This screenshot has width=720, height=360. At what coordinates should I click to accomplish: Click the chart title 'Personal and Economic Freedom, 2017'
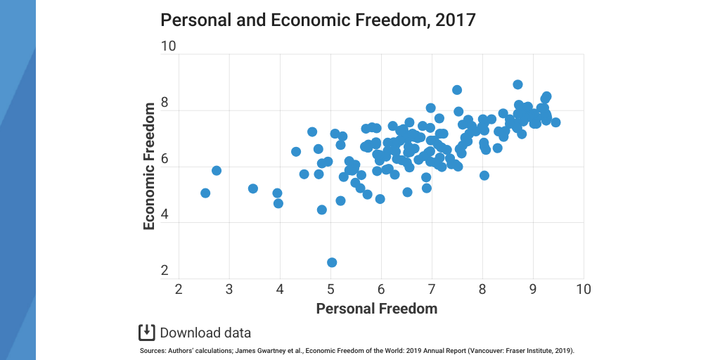(318, 20)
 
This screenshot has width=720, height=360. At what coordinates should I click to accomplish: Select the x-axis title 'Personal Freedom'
(376, 309)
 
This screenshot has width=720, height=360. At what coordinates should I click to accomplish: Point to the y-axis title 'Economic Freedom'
(149, 167)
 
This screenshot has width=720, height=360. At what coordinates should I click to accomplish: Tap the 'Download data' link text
(205, 333)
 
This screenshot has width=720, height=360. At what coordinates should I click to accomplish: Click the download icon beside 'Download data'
(146, 333)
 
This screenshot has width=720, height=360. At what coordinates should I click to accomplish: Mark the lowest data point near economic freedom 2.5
(332, 262)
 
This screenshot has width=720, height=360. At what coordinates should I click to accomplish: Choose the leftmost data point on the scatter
(205, 193)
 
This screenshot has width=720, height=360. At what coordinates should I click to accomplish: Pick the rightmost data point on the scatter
(555, 122)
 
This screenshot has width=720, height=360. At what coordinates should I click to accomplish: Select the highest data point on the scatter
(517, 84)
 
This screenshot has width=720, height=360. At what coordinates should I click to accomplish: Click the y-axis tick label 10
(168, 47)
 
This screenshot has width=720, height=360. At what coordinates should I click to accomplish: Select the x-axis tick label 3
(229, 289)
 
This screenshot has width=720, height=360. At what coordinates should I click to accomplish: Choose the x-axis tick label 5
(330, 289)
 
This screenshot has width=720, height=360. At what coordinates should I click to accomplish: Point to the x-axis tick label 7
(432, 289)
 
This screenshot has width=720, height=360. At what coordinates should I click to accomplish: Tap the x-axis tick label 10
(583, 289)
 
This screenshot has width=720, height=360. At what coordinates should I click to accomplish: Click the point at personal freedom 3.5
(253, 188)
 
